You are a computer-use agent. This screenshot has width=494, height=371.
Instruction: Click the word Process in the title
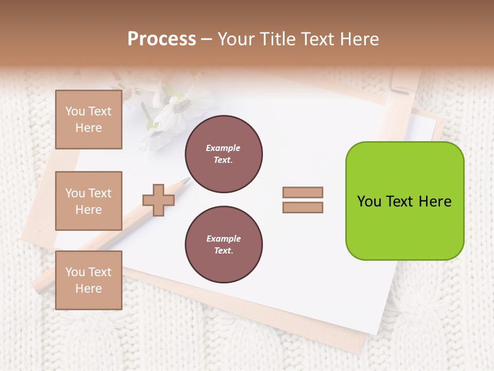(x=162, y=39)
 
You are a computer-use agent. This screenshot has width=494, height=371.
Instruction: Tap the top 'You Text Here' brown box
(x=89, y=120)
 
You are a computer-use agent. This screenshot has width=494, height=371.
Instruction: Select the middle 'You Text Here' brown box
(x=89, y=201)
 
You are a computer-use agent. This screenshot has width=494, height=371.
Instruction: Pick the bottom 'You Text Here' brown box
(x=89, y=280)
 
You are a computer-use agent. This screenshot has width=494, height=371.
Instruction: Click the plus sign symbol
(x=158, y=200)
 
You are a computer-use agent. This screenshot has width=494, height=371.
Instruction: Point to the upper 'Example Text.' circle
(x=223, y=154)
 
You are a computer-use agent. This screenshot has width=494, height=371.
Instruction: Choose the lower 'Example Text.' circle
(x=223, y=244)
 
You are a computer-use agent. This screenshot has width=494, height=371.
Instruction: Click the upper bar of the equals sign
(x=303, y=192)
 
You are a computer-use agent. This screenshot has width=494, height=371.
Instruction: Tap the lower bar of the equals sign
(x=303, y=208)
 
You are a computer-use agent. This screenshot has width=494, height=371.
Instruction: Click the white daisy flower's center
(x=181, y=107)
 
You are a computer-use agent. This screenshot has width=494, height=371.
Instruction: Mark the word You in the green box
(x=369, y=201)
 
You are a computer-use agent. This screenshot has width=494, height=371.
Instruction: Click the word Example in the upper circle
(x=223, y=148)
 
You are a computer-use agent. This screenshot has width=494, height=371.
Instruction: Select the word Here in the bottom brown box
(x=89, y=289)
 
